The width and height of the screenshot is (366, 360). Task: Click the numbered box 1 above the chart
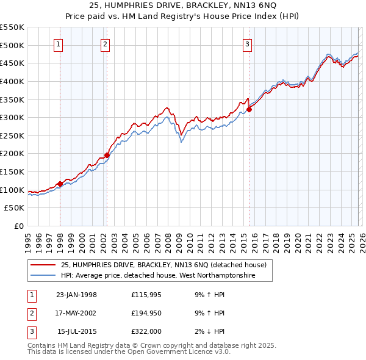point(59,43)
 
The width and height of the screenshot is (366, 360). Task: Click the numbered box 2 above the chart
point(106,43)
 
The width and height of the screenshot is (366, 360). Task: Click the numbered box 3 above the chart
point(248,43)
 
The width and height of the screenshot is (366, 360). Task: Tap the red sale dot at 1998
point(60,184)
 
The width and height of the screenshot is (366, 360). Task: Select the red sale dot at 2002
point(107,155)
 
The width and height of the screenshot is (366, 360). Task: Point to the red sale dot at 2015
point(249,110)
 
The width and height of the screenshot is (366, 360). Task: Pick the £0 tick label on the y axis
point(18,226)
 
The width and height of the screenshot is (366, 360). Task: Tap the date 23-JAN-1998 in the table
point(76,295)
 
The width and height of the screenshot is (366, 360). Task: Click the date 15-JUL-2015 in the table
point(76,331)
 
